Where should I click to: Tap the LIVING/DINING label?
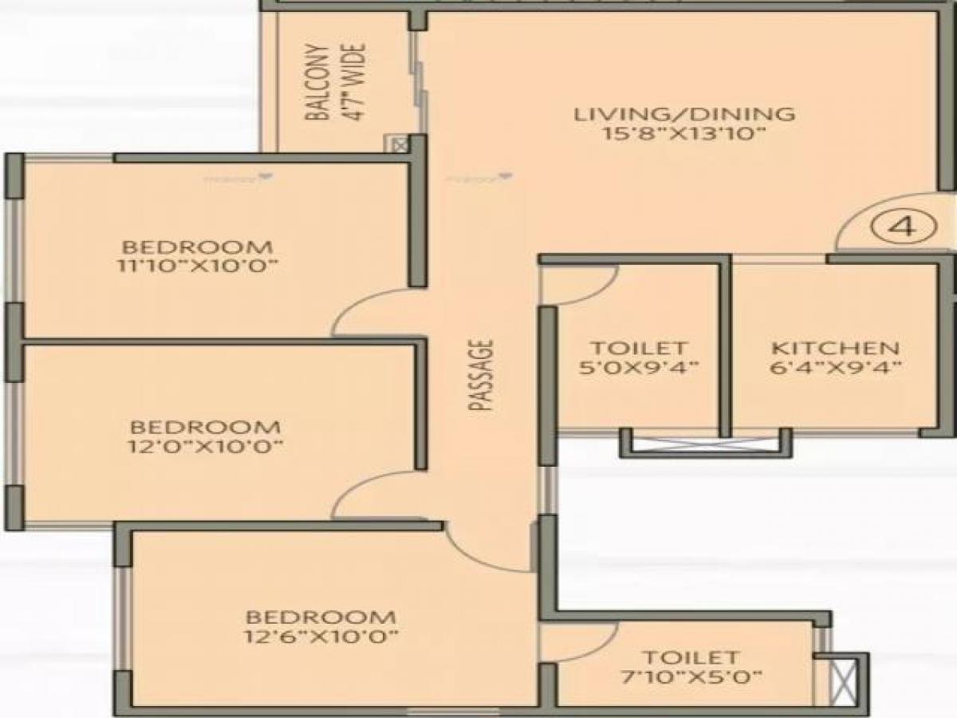684,114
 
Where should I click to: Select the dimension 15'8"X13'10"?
684,133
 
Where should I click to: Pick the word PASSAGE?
481,376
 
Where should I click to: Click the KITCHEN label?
835,349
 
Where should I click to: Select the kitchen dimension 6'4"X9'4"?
835,368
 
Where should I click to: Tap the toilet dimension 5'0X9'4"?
639,368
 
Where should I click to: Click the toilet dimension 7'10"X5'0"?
691,677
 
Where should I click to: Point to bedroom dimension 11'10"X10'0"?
196,266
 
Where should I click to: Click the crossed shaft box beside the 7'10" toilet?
842,679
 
